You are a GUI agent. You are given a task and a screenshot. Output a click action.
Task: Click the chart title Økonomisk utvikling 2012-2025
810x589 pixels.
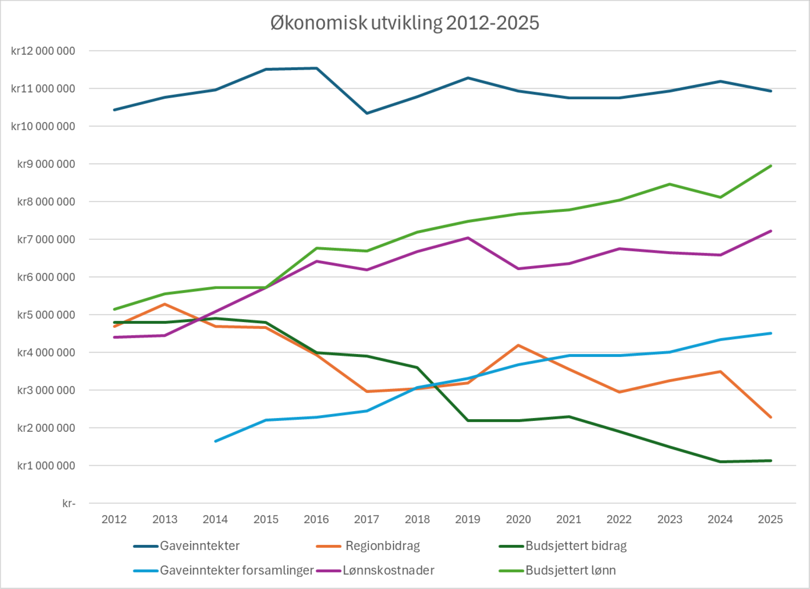click(405, 23)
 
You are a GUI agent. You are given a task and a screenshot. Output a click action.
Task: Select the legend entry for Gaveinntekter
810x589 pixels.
click(199, 546)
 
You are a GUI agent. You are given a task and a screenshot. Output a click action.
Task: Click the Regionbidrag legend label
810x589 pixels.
click(382, 546)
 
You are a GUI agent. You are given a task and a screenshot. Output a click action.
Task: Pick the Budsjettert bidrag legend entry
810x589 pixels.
click(576, 546)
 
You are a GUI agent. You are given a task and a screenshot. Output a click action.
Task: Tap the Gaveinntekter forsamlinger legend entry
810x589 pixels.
click(237, 570)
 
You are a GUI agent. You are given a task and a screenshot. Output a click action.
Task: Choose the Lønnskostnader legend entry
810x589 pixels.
click(388, 570)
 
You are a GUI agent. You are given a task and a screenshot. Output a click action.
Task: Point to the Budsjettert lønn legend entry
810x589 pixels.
click(570, 570)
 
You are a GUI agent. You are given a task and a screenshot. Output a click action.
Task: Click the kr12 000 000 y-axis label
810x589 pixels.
click(43, 51)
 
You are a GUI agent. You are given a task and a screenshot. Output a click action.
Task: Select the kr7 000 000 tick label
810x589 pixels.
click(46, 239)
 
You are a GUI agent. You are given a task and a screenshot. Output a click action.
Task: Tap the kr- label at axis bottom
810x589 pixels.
click(69, 504)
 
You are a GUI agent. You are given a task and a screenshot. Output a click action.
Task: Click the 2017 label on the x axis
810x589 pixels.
click(367, 519)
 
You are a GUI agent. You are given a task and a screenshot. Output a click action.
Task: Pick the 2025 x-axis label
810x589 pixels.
click(770, 519)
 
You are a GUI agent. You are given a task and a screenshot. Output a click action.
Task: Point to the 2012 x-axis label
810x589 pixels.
click(114, 519)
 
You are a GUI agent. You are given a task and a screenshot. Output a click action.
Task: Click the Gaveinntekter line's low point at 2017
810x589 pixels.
click(367, 113)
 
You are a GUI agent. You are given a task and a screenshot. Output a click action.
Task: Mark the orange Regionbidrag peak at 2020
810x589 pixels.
click(518, 345)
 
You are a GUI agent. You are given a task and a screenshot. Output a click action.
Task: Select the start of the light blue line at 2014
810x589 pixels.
click(215, 441)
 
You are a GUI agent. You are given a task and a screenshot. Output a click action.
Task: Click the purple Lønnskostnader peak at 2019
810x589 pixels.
click(468, 238)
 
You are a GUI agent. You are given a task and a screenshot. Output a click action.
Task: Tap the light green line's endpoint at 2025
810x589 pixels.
click(771, 166)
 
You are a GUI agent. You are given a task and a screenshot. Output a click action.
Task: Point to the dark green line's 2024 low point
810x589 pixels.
click(720, 462)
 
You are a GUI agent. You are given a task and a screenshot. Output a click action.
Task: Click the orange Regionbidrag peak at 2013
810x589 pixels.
click(165, 304)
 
